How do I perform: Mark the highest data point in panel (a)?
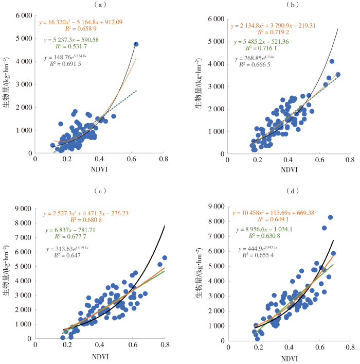(136, 44)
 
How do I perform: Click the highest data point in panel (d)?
(331, 203)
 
